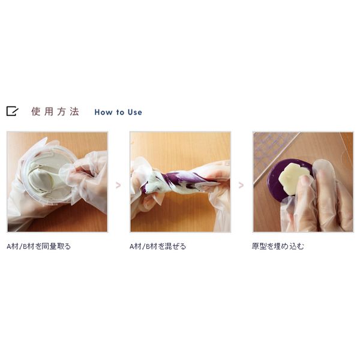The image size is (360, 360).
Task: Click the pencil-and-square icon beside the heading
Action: pos(12,111)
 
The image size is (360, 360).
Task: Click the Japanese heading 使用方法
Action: pos(55,112)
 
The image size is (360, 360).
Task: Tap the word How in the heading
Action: pos(103,112)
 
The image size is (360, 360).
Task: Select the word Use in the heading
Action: pos(135,112)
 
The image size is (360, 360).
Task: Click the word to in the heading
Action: pos(120,113)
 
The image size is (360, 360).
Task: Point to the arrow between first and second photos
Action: pos(118,185)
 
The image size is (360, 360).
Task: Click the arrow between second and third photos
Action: pos(241,185)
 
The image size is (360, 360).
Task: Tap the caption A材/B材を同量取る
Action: pos(39,247)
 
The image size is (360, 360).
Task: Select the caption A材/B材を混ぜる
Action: pos(158,247)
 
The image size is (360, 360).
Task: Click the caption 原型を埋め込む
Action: pos(278,247)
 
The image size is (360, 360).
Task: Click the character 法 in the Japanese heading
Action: pos(74,112)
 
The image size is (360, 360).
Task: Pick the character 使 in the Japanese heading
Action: pos(36,112)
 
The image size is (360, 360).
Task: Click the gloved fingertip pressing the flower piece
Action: pos(305,181)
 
